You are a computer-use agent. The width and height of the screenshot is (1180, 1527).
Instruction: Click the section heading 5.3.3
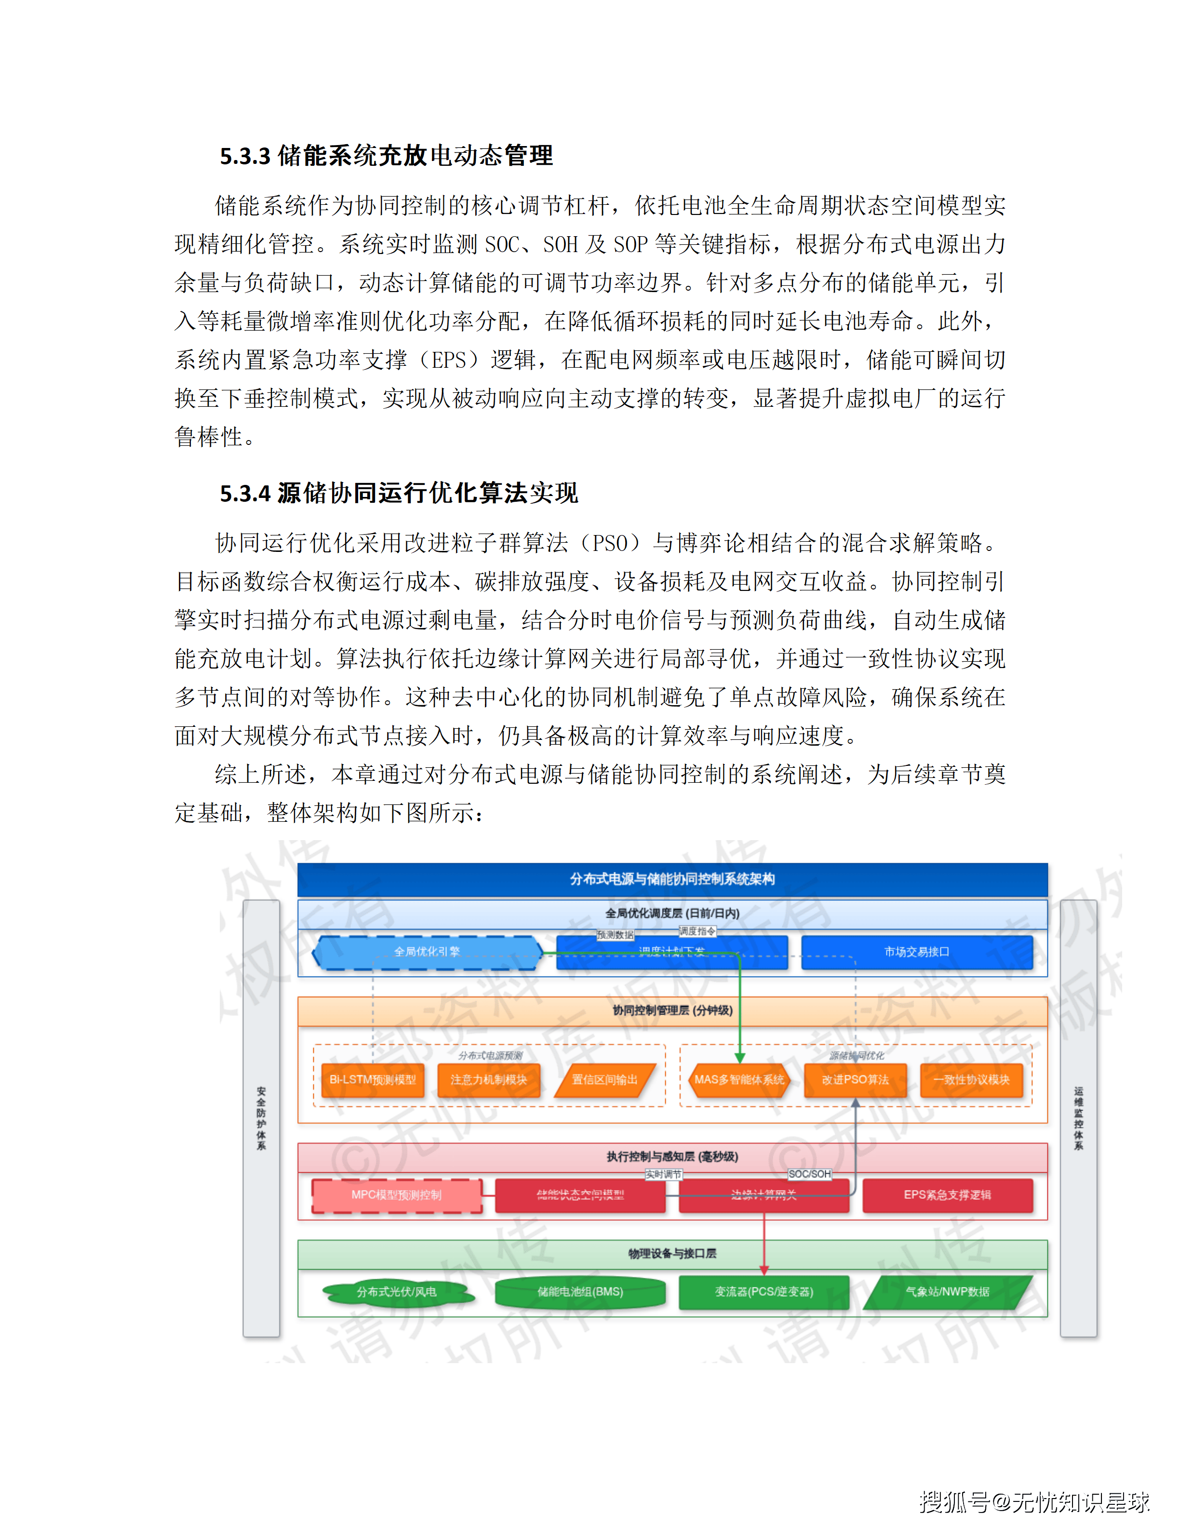coord(386,155)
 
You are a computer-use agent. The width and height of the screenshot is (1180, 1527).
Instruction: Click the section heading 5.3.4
coord(399,493)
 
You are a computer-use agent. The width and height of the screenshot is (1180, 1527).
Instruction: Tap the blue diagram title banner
coord(672,879)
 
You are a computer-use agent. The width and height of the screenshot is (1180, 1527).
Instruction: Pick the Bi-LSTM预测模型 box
coord(373,1080)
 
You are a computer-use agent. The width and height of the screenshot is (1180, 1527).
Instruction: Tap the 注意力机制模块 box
coord(489,1080)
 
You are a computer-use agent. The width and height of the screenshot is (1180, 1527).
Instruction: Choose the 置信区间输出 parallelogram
coord(604,1080)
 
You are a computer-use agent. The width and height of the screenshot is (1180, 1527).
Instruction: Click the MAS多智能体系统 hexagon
coord(739,1080)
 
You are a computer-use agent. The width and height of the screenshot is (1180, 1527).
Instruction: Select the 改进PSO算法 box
coord(855,1080)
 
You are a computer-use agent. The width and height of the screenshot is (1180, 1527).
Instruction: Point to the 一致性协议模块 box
coord(971,1080)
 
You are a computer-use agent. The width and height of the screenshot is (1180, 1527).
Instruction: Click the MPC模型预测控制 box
coord(396,1195)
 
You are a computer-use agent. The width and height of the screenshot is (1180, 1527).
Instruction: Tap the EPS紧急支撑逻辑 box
coord(947,1195)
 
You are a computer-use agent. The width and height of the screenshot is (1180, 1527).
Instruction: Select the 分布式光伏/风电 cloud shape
coord(396,1292)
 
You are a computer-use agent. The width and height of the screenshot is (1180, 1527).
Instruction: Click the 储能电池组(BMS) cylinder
coord(580,1292)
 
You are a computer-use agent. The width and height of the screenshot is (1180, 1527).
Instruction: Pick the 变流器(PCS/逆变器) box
coord(764,1292)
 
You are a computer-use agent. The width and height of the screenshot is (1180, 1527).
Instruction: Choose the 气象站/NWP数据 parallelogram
coord(947,1292)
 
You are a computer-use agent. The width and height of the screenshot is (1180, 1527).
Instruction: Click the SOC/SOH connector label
coord(809,1174)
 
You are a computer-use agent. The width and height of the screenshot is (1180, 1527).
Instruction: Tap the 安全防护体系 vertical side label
coord(261,1119)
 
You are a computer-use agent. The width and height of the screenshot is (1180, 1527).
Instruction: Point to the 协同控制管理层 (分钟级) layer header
coord(672,1010)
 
